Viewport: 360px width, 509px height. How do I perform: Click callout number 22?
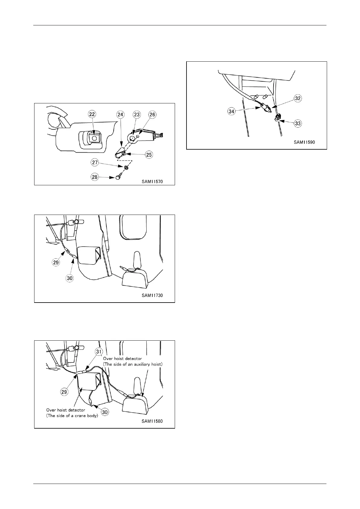(92, 114)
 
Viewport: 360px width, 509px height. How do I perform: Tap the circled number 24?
(121, 114)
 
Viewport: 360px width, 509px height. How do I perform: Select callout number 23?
(137, 114)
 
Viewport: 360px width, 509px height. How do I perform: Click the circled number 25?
(149, 154)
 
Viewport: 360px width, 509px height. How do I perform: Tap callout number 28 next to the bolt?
(95, 177)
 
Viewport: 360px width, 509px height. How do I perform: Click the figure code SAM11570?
(153, 182)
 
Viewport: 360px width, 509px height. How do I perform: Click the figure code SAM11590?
(304, 142)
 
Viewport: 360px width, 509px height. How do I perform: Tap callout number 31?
(99, 351)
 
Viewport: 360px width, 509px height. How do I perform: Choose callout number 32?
(298, 98)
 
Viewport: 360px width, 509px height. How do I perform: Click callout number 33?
(298, 123)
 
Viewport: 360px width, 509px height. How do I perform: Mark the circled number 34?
(232, 111)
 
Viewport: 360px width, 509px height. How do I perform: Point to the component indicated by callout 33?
(277, 117)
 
